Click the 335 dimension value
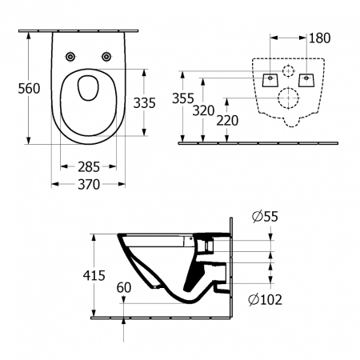coord(166,102)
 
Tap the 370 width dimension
coord(88,185)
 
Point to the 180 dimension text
coord(318,37)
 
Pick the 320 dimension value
coord(205,111)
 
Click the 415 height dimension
coord(94,276)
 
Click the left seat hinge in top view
coord(70,55)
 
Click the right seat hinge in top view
coord(106,55)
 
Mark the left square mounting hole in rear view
coord(270,78)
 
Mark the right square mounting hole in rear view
coord(305,78)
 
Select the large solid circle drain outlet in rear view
coord(287,98)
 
